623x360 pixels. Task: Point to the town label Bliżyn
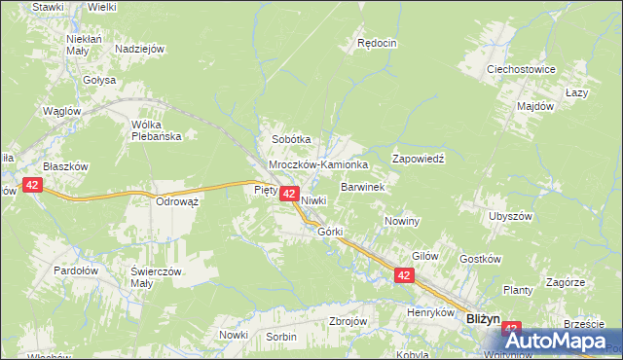(483, 318)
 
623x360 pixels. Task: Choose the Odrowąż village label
(177, 201)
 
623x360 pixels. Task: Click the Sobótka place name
(291, 139)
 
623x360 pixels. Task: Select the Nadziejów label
(139, 49)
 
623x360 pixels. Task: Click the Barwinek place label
(364, 186)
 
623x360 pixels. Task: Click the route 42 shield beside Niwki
(289, 195)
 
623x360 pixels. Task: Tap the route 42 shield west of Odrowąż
(32, 185)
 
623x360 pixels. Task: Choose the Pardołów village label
(75, 270)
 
